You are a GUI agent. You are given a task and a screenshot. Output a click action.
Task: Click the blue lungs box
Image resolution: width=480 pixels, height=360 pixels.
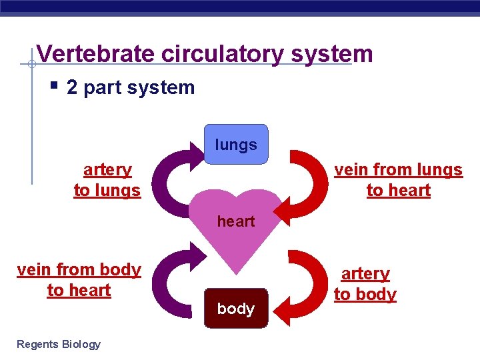pyautogui.click(x=235, y=144)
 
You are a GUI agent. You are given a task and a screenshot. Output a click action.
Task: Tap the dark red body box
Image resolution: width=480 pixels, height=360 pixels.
pyautogui.click(x=235, y=308)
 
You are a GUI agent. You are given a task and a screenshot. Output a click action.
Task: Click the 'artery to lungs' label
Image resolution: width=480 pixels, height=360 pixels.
pyautogui.click(x=107, y=180)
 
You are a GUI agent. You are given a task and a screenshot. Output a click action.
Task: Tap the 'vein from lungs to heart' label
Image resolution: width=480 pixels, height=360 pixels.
pyautogui.click(x=398, y=180)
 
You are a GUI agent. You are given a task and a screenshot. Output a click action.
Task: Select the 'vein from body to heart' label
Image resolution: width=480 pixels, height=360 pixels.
pyautogui.click(x=79, y=280)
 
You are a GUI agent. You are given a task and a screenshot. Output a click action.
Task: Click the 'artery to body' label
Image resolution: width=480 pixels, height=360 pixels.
pyautogui.click(x=365, y=284)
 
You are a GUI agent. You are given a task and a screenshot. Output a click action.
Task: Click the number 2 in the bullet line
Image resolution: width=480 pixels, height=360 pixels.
pyautogui.click(x=72, y=87)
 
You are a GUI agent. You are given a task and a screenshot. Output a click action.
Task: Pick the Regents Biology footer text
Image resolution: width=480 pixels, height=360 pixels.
pyautogui.click(x=59, y=344)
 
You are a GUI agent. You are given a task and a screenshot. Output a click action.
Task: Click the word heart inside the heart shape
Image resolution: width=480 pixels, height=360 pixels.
pyautogui.click(x=236, y=221)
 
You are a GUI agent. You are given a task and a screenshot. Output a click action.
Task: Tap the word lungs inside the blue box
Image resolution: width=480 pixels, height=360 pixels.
pyautogui.click(x=236, y=145)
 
